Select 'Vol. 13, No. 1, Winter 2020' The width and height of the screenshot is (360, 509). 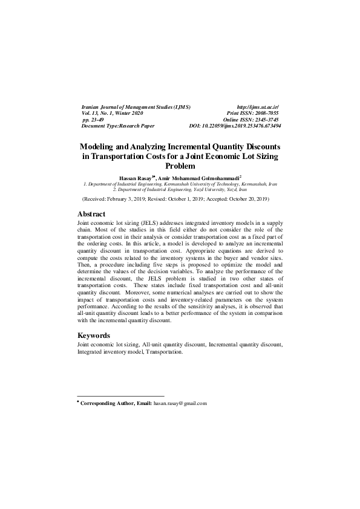click(x=113, y=113)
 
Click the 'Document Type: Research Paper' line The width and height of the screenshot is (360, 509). click(x=118, y=126)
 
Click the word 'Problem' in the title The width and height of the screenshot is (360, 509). click(x=180, y=165)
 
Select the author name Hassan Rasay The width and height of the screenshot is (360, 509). click(x=136, y=177)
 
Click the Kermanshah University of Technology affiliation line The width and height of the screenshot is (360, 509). click(x=180, y=183)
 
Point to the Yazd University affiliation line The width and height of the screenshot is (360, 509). click(x=180, y=189)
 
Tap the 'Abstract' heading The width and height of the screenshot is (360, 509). click(x=91, y=214)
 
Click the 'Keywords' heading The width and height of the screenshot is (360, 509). click(x=94, y=335)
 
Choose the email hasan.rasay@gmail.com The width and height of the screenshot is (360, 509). click(x=180, y=403)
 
